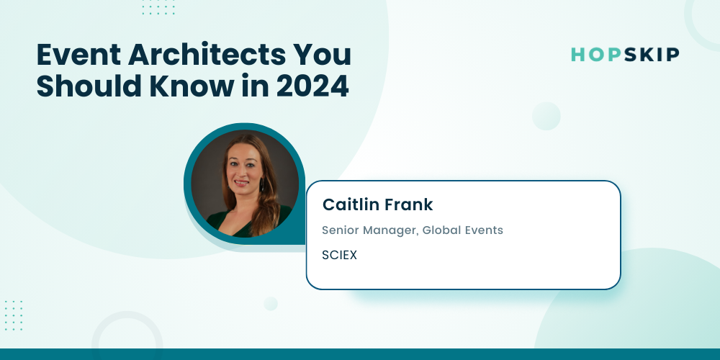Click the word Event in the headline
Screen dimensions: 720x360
[78, 55]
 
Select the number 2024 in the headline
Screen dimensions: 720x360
[312, 86]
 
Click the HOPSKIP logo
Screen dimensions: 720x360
[625, 55]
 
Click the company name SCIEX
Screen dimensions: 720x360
[339, 256]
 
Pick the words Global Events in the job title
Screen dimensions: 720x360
[462, 230]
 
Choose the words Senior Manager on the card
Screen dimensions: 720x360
[370, 230]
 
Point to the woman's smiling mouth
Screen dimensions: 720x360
[241, 182]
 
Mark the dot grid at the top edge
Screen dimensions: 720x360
[158, 7]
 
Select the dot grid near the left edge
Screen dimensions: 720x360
[13, 315]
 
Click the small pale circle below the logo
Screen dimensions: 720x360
[546, 116]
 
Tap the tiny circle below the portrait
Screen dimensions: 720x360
[271, 304]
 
